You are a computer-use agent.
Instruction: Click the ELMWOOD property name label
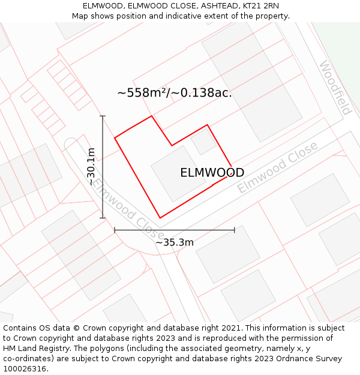pyautogui.click(x=212, y=173)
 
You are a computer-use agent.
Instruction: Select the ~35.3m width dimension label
pyautogui.click(x=175, y=242)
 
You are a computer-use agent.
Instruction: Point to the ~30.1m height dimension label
pyautogui.click(x=91, y=166)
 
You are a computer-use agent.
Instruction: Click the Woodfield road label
pyautogui.click(x=335, y=88)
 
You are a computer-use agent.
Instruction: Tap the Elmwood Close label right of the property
pyautogui.click(x=277, y=167)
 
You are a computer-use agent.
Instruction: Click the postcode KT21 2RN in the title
pyautogui.click(x=260, y=6)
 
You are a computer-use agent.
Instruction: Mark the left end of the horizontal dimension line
pyautogui.click(x=115, y=230)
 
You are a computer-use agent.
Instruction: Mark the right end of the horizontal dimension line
pyautogui.click(x=235, y=230)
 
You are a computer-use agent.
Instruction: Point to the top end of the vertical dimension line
pyautogui.click(x=103, y=116)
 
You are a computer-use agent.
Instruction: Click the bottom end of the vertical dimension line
pyautogui.click(x=103, y=218)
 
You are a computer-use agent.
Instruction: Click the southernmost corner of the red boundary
pyautogui.click(x=160, y=218)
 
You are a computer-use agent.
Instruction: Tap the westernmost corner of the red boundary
pyautogui.click(x=115, y=138)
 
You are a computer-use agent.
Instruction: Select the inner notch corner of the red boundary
pyautogui.click(x=172, y=145)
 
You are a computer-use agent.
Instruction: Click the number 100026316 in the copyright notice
pyautogui.click(x=25, y=369)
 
